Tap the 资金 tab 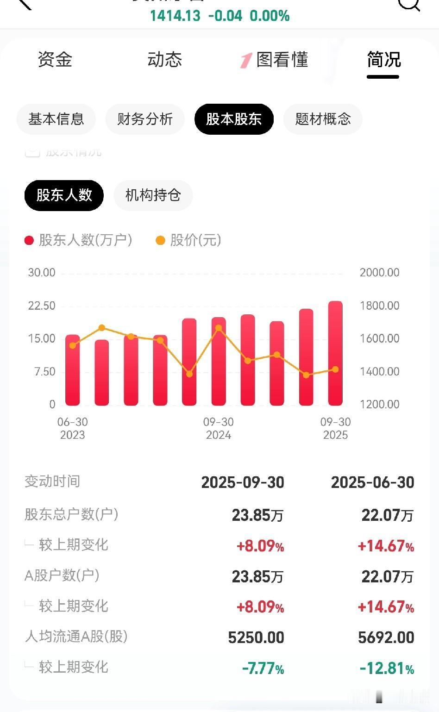coord(55,60)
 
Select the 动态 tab coord(164,60)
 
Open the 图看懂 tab coord(275,60)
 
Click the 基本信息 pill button coord(56,119)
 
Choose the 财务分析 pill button coord(145,119)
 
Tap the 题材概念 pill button coord(323,119)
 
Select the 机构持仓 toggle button coord(153,195)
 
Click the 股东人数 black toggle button coord(64,195)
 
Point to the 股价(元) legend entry coord(189,240)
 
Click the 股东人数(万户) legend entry coord(79,240)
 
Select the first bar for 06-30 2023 coord(73,370)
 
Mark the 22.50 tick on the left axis coord(42,306)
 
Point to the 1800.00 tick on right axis coord(379,306)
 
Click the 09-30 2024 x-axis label coord(218,428)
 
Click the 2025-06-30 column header coord(372,482)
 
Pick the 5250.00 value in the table coord(256,637)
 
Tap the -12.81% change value coord(387,668)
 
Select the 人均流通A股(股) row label coord(76,637)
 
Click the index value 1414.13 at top coord(175,16)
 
